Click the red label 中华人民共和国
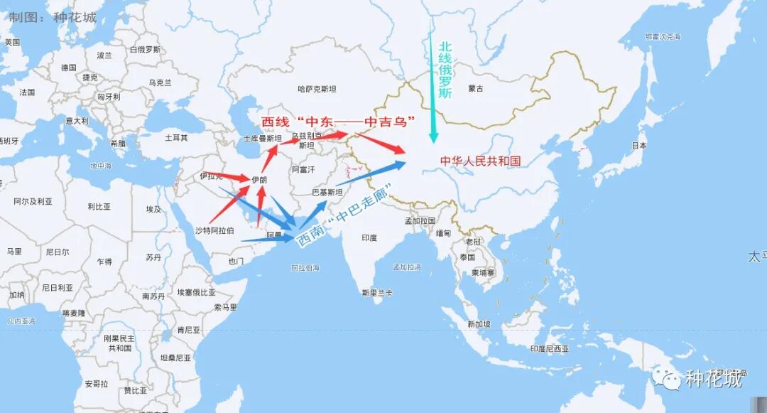[x=480, y=161]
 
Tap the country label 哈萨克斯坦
[x=317, y=89]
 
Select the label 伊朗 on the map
[x=259, y=180]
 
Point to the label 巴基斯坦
[x=327, y=193]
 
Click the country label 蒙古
[x=476, y=89]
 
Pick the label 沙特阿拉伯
[x=214, y=230]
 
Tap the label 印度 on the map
[x=369, y=238]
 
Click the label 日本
[x=639, y=146]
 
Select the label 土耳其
[x=176, y=137]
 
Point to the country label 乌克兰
[x=160, y=83]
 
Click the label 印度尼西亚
[x=550, y=349]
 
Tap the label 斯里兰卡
[x=376, y=292]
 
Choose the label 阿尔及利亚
[x=33, y=202]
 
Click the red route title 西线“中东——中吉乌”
[x=338, y=122]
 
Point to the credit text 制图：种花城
[x=53, y=17]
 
